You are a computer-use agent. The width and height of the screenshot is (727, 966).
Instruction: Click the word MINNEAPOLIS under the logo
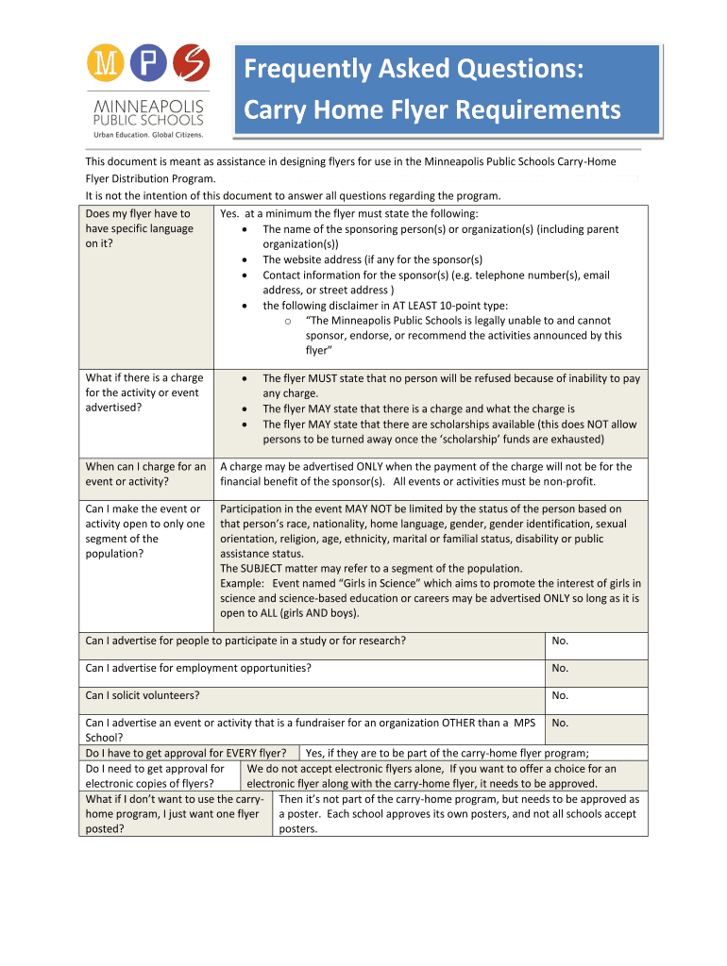click(x=146, y=106)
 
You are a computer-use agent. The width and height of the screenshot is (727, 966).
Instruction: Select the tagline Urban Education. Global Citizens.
click(x=146, y=135)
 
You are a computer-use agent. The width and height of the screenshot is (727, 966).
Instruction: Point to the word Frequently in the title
click(x=309, y=69)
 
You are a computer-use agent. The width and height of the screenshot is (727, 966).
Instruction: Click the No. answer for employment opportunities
click(x=560, y=668)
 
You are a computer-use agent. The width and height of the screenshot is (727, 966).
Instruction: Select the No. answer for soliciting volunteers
click(x=560, y=695)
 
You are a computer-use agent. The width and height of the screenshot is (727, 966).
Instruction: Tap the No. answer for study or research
click(x=560, y=641)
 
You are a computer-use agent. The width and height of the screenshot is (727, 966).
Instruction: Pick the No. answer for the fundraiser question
click(x=560, y=723)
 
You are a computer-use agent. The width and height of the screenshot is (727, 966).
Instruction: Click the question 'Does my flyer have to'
click(x=138, y=214)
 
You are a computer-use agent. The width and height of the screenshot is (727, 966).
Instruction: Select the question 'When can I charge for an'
click(x=145, y=466)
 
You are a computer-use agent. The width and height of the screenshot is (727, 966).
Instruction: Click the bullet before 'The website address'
click(x=245, y=259)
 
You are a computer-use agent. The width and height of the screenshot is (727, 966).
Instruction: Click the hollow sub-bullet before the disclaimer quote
click(x=287, y=321)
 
